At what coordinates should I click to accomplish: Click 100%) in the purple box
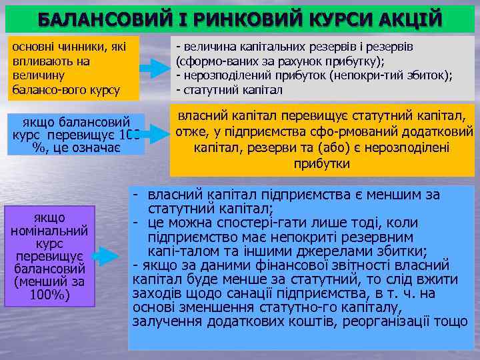(50, 294)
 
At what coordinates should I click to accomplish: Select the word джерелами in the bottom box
(315, 251)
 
